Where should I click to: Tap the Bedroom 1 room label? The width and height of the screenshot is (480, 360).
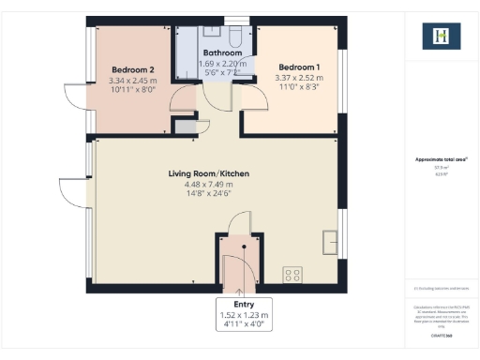pos(299,68)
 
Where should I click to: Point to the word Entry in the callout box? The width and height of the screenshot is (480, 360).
pos(243,305)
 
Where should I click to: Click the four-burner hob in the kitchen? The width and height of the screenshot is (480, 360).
pos(292,275)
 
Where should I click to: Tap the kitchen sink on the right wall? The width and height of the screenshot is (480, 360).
pos(330,240)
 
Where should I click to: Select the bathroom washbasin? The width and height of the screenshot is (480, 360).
pos(213,32)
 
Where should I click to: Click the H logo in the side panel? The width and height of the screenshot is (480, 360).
pos(442,36)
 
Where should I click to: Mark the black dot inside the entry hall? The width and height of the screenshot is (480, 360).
pos(243,247)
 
